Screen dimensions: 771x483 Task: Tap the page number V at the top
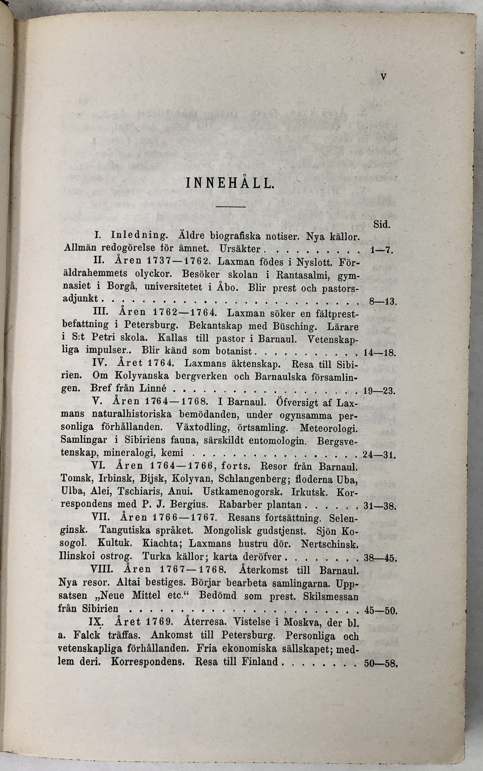(383, 76)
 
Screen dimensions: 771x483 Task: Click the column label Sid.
(382, 225)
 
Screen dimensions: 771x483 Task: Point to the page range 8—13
(382, 302)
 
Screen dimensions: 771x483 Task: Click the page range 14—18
(379, 353)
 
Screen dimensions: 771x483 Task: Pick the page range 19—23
(379, 391)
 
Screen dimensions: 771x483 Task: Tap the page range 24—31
(379, 455)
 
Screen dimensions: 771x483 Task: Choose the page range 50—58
(380, 663)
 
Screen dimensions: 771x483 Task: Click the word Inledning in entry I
(139, 236)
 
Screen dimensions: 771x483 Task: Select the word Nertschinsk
(329, 543)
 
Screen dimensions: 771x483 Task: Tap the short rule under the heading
(230, 207)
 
